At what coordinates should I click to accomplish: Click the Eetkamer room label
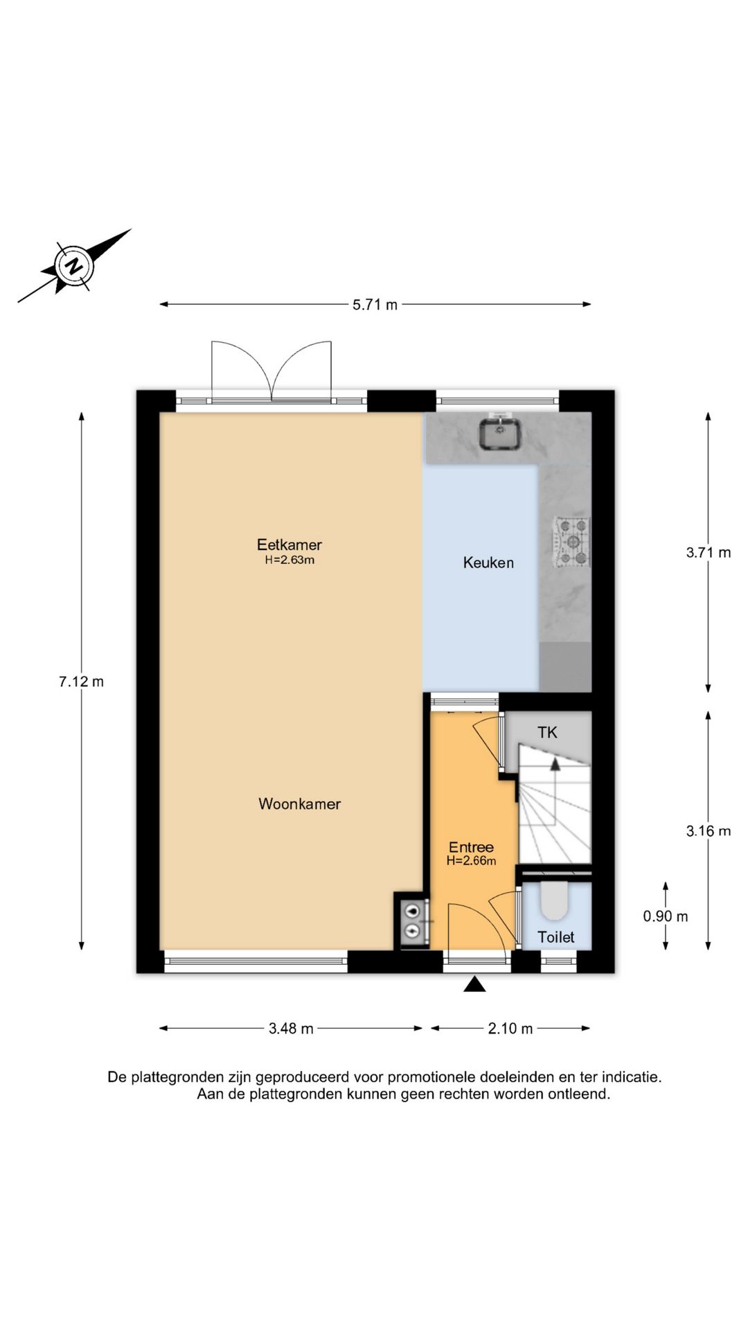[x=289, y=544]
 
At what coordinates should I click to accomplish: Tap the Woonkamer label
[x=299, y=804]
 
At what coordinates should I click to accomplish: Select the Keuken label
[x=488, y=562]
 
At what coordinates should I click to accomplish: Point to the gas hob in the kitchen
[x=572, y=542]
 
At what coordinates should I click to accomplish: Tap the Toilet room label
[x=555, y=937]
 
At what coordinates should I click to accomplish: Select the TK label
[x=547, y=732]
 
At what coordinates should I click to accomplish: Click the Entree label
[x=471, y=847]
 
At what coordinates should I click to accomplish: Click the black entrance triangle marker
[x=474, y=984]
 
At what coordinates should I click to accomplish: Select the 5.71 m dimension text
[x=375, y=304]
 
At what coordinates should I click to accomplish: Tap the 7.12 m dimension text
[x=81, y=682]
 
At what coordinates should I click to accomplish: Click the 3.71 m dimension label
[x=708, y=553]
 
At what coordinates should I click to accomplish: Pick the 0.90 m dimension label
[x=666, y=916]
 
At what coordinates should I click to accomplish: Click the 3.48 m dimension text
[x=291, y=1029]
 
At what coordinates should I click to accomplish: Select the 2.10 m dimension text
[x=510, y=1029]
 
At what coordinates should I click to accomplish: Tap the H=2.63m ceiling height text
[x=290, y=560]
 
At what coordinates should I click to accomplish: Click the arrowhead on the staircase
[x=555, y=763]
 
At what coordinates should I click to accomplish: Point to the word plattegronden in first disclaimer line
[x=176, y=1077]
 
